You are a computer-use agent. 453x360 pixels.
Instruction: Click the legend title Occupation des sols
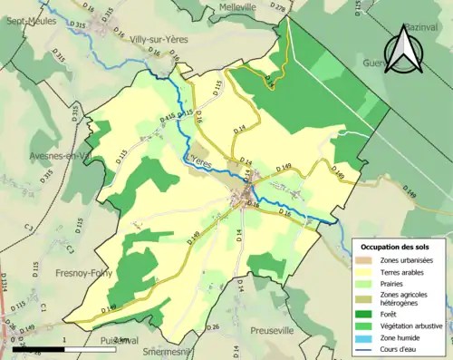pyautogui.click(x=395, y=247)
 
